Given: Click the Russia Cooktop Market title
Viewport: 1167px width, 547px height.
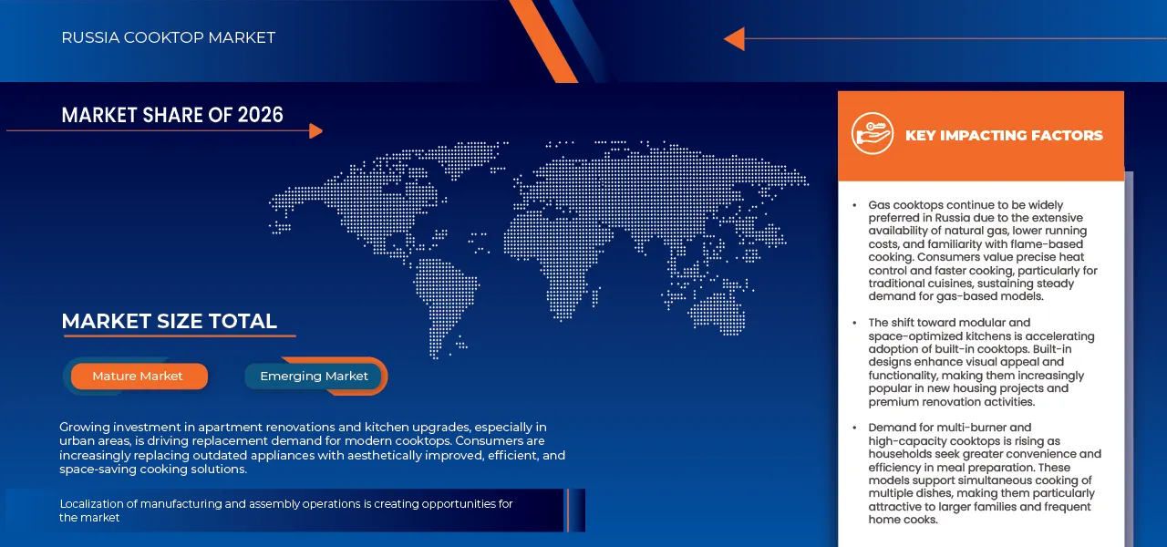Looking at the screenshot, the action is coord(169,37).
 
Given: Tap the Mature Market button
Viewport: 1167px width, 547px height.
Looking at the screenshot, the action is coord(139,377).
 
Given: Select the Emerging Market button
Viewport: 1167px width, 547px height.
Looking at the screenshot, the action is coord(314,377).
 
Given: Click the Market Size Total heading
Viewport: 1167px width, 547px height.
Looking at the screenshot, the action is coord(170,322).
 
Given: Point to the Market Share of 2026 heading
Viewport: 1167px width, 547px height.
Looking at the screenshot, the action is coord(172,115).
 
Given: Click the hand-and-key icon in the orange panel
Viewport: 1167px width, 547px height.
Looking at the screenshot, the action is coord(873,133).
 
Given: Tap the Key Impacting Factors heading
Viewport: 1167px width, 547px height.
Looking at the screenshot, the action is coord(1004,136).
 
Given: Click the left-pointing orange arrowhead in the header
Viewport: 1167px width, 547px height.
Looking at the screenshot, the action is coord(734,38).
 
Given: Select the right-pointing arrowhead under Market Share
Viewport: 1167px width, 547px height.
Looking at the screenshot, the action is coord(315,130).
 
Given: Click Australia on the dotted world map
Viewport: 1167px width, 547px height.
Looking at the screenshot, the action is coord(718,313).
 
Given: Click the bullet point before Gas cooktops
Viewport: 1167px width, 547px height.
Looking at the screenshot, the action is coord(854,206).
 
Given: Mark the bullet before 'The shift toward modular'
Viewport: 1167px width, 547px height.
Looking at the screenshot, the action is coord(854,323).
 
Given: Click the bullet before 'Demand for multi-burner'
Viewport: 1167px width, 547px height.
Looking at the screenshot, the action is coord(854,428).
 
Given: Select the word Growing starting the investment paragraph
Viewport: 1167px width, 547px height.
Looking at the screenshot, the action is coord(85,428).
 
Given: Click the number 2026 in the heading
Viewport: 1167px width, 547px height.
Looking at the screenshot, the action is coord(261,115).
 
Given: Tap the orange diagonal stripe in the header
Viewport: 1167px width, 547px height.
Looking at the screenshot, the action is coord(543,41).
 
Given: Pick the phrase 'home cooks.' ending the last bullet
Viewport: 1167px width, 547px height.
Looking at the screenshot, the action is coord(903,520).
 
